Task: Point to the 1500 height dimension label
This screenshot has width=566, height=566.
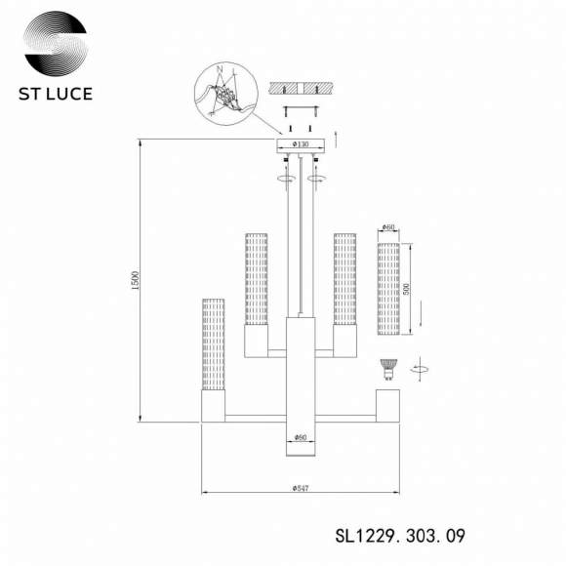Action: click(138, 280)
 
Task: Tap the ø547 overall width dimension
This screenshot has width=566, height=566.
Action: click(300, 487)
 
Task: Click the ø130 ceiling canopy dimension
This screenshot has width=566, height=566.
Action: click(300, 144)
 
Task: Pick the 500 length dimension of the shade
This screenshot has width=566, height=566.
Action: click(409, 290)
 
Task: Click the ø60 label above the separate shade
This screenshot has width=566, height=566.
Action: click(388, 228)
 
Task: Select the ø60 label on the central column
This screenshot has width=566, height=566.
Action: click(300, 436)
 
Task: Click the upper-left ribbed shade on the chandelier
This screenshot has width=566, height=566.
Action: click(256, 279)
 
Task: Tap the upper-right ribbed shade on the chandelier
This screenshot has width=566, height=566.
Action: click(344, 279)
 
